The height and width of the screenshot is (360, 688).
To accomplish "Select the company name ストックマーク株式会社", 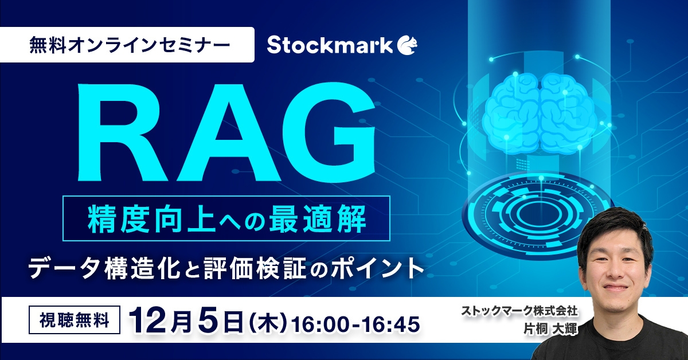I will [x=518, y=312].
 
